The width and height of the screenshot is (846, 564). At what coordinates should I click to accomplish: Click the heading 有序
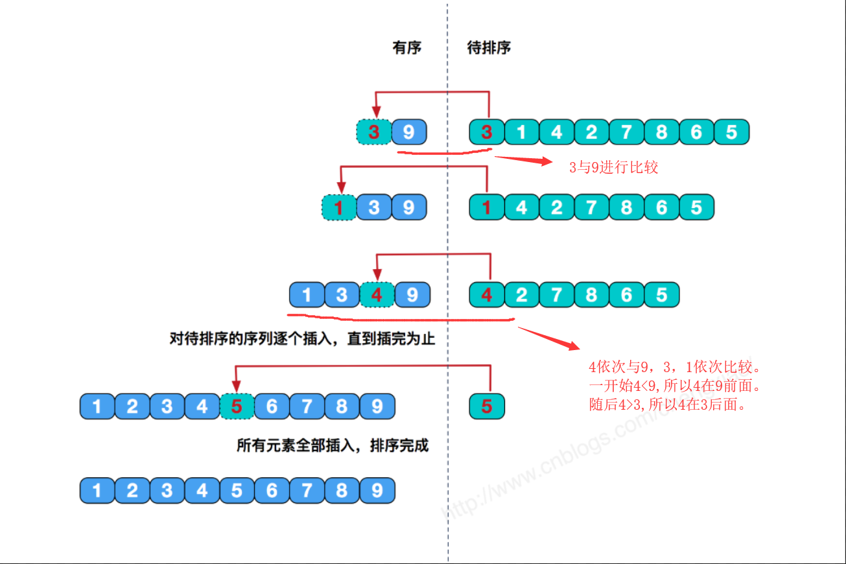406,48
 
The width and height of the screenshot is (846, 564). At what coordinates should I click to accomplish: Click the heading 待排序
489,48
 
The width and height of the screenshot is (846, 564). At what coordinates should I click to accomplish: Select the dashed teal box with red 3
373,132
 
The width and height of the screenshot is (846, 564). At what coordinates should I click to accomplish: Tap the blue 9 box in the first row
409,132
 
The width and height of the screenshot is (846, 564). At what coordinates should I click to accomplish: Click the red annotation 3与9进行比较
613,167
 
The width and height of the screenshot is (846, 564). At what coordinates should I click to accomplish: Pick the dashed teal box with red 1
338,207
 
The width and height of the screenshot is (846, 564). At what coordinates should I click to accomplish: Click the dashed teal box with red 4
377,295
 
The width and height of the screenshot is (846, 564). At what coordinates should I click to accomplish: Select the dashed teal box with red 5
237,406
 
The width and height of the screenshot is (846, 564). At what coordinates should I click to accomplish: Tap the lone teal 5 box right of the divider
487,406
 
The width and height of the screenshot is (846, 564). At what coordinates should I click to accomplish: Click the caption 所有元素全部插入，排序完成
333,446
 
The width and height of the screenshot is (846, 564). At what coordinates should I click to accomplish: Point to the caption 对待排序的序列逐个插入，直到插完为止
302,338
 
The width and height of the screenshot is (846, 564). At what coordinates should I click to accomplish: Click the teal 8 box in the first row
661,132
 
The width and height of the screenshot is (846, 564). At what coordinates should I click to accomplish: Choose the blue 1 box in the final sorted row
97,491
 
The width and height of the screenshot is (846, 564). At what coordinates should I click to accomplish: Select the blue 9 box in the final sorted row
377,491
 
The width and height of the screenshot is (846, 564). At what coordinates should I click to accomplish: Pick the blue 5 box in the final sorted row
237,491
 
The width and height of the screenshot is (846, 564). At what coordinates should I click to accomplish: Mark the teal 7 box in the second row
591,207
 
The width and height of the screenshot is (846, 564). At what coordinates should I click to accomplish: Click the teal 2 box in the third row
522,295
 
